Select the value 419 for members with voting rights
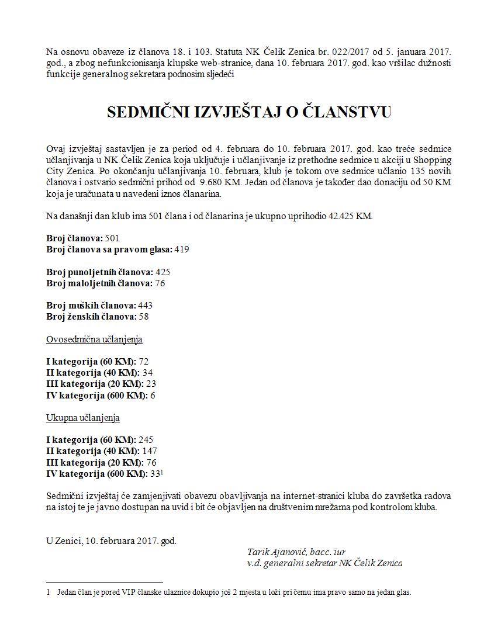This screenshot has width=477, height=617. pos(182,249)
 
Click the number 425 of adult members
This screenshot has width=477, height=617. pos(163,272)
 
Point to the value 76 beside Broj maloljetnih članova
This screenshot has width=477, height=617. pos(160,283)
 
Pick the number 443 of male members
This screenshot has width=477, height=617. pos(146,306)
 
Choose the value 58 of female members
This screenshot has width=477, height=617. pos(144,317)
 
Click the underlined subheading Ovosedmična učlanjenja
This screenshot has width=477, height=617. pos(94,339)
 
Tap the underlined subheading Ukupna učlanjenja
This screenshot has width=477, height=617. pos(83,418)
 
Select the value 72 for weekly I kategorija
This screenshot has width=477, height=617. pos(144,362)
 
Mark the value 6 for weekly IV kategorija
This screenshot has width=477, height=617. pos(153,396)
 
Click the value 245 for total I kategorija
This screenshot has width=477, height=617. pos(146,440)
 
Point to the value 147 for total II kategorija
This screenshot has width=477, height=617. pos(150,451)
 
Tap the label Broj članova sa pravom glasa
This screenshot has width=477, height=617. pos(109,249)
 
